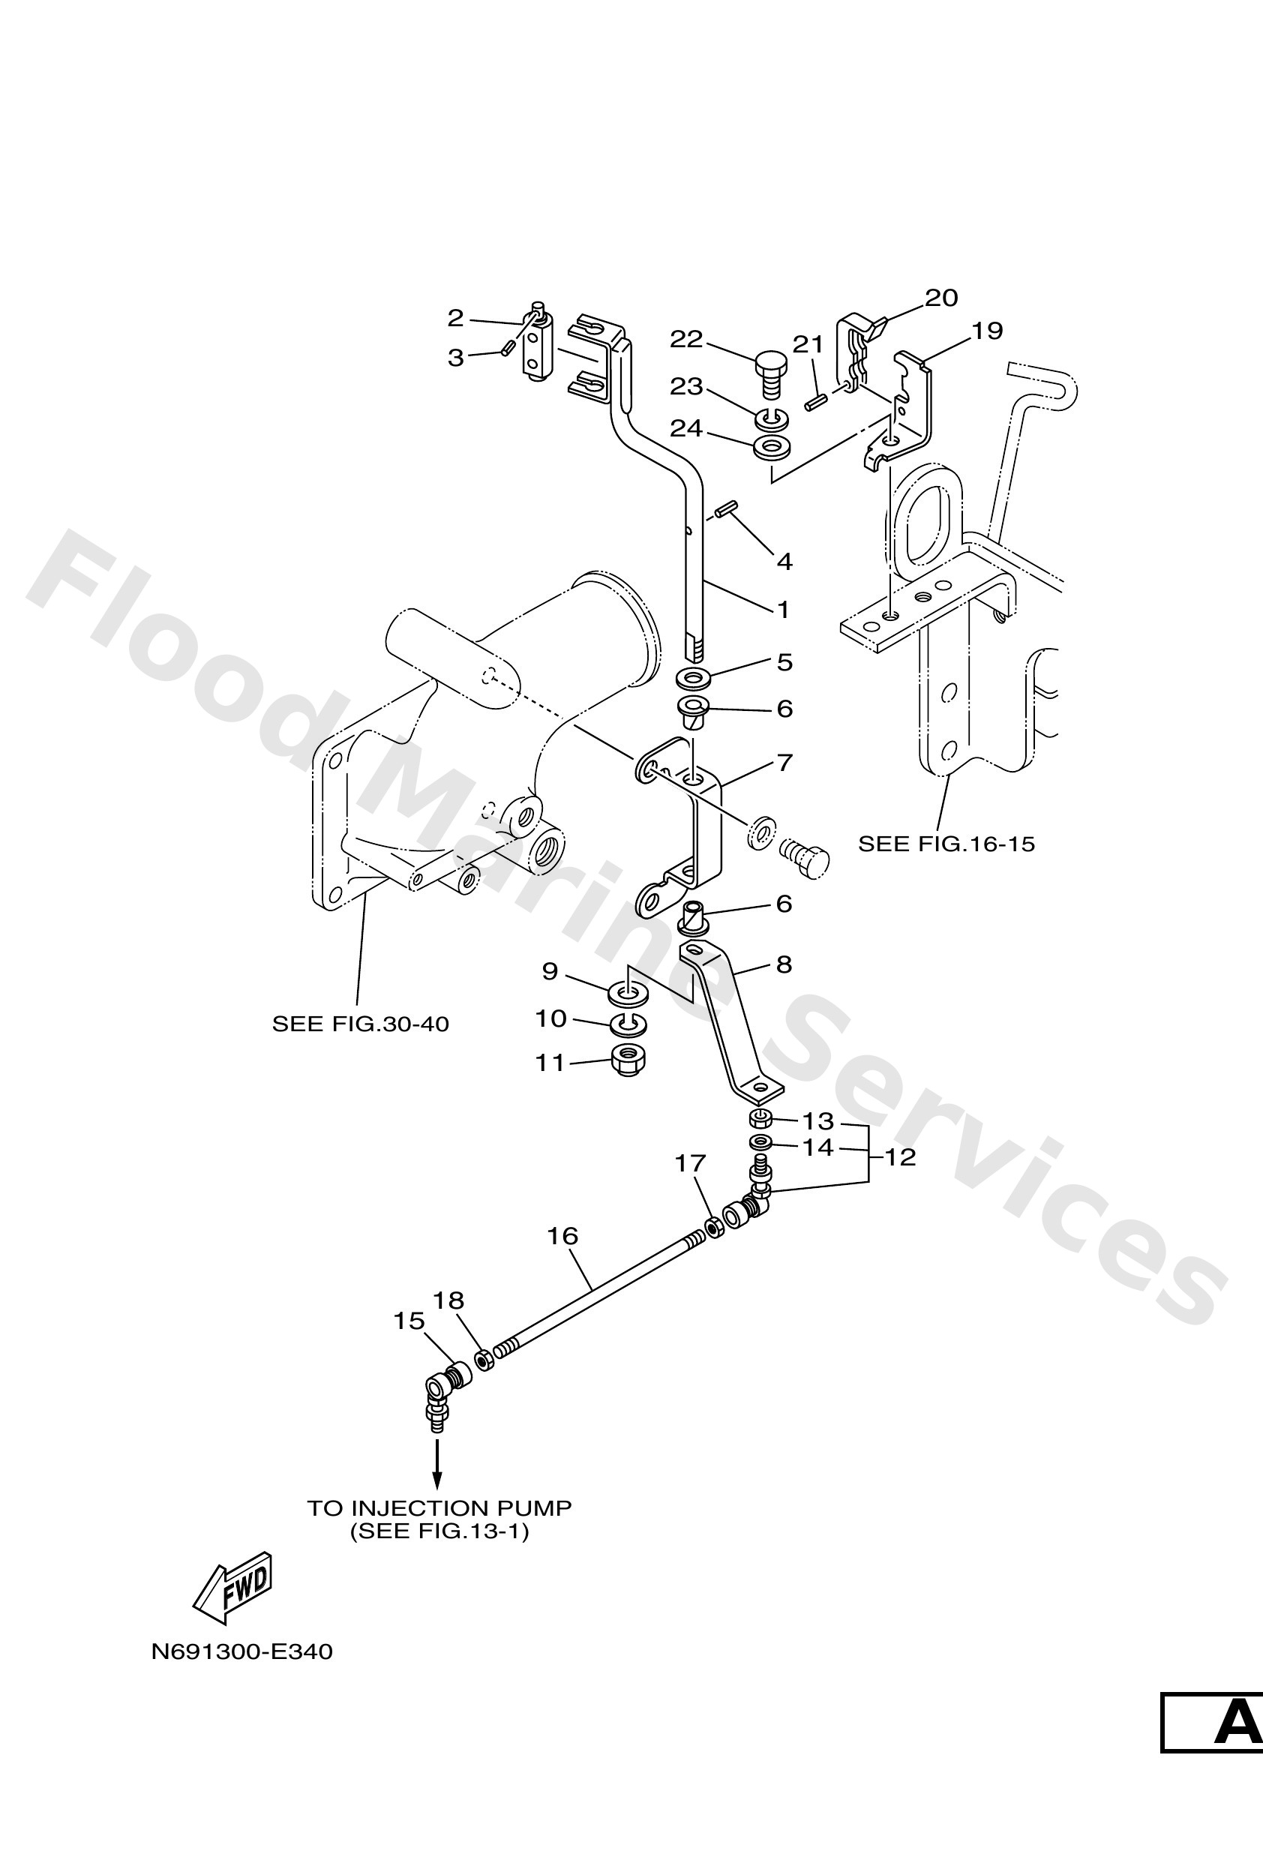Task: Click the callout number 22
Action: (686, 339)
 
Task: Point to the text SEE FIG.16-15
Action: (946, 844)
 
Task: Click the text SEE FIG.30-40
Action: (360, 1024)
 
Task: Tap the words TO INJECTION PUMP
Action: (439, 1509)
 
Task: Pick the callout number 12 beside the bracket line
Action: (901, 1156)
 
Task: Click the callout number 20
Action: (941, 298)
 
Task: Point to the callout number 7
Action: (784, 762)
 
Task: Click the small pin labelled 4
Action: (729, 509)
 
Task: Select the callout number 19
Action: (987, 331)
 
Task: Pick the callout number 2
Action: (454, 318)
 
